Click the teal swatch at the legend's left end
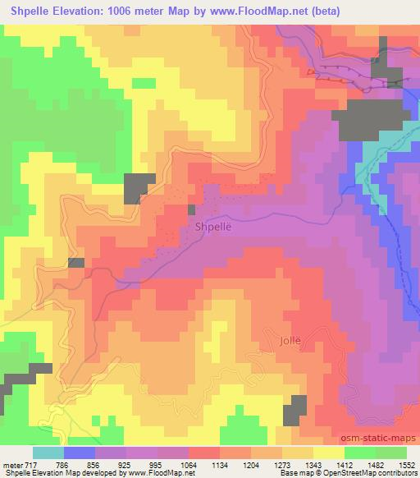48,453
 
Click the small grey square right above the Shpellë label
191,209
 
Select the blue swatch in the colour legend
80,453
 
